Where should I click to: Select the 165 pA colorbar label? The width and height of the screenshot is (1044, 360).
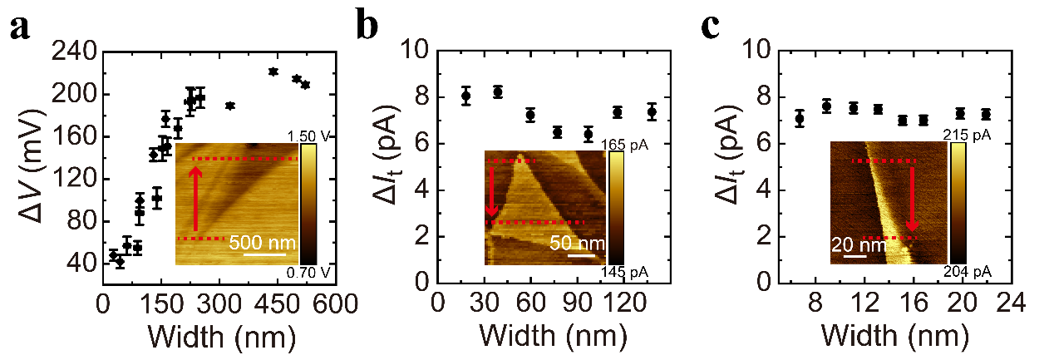629,145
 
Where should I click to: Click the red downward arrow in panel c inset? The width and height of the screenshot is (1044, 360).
911,199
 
